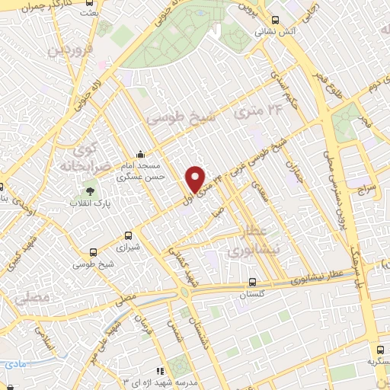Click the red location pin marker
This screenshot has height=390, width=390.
pos(196,179)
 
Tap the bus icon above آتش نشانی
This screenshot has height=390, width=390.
pos(274,21)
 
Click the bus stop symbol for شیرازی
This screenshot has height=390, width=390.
pos(127,236)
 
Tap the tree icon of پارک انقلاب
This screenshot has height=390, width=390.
pos(90,191)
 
